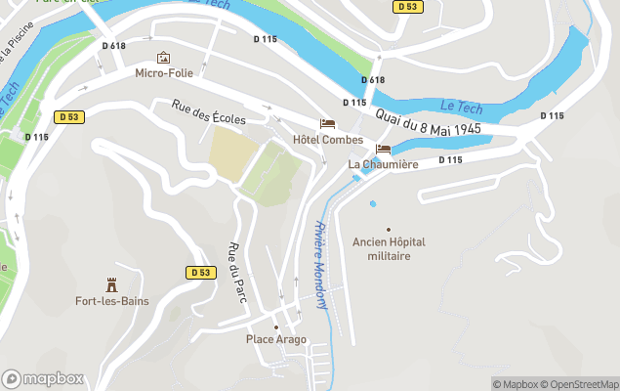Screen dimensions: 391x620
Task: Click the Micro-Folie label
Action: click(164, 72)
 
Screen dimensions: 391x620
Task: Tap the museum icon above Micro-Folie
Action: click(163, 58)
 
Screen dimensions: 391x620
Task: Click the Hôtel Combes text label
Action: click(327, 140)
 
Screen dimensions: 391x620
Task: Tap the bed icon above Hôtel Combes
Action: click(327, 124)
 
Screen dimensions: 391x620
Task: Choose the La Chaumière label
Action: click(383, 164)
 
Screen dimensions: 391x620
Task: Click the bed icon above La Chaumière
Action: click(383, 149)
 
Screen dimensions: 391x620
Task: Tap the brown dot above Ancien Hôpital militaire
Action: click(389, 228)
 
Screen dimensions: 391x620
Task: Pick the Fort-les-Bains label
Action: click(112, 301)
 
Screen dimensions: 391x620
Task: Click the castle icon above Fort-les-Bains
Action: click(112, 284)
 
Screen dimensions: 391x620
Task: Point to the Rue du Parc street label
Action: click(237, 271)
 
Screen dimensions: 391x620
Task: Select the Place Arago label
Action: click(276, 340)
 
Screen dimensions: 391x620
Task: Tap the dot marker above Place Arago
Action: click(276, 326)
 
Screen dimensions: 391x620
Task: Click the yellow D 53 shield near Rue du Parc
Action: click(199, 272)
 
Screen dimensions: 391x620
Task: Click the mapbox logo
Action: click(42, 378)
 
